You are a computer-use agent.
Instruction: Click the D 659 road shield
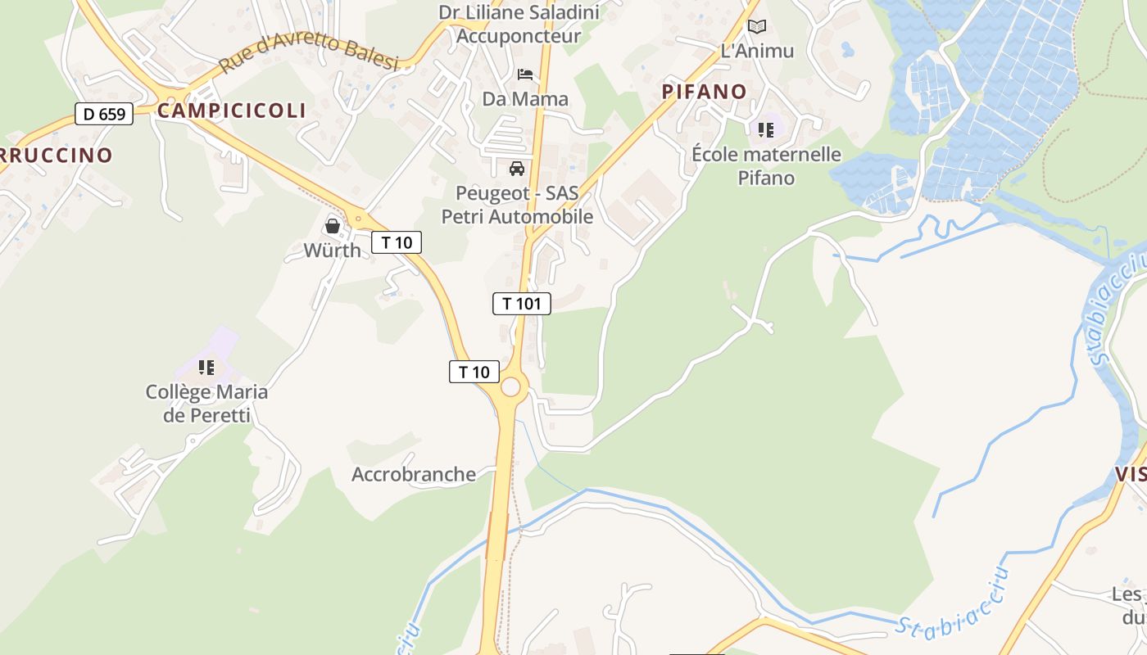pyautogui.click(x=104, y=114)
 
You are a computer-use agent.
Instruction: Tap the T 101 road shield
pyautogui.click(x=521, y=304)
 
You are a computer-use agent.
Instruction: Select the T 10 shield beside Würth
pyautogui.click(x=397, y=242)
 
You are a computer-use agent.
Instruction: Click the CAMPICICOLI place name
pyautogui.click(x=231, y=111)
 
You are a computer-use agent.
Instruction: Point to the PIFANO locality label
pyautogui.click(x=705, y=92)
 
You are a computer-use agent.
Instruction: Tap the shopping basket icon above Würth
pyautogui.click(x=333, y=225)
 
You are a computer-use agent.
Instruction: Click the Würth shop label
pyautogui.click(x=332, y=251)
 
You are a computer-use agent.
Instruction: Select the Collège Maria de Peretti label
pyautogui.click(x=206, y=403)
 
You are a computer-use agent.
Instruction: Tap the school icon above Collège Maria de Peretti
pyautogui.click(x=206, y=368)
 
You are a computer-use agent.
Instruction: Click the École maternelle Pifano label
pyautogui.click(x=766, y=165)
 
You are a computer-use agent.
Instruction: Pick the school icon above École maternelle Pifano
pyautogui.click(x=766, y=129)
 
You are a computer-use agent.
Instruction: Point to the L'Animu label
pyautogui.click(x=757, y=51)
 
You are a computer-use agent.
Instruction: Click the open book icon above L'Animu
pyautogui.click(x=757, y=27)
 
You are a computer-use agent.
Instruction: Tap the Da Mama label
pyautogui.click(x=525, y=99)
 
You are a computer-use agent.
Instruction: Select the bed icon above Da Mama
pyautogui.click(x=525, y=75)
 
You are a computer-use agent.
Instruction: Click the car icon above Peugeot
pyautogui.click(x=517, y=169)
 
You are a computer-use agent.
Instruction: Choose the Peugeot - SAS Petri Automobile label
pyautogui.click(x=517, y=206)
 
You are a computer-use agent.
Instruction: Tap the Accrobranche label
pyautogui.click(x=414, y=474)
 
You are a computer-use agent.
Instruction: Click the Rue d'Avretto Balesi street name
pyautogui.click(x=309, y=52)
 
